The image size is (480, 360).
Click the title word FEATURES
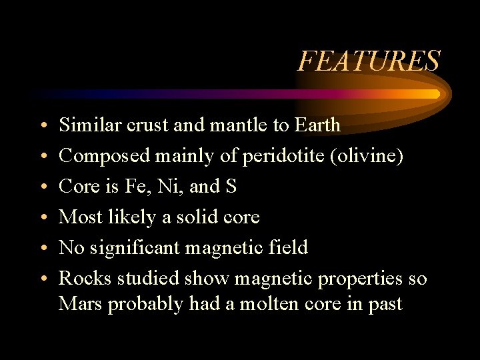(369, 61)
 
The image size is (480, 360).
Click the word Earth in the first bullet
(317, 125)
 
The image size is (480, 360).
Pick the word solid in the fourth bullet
(191, 217)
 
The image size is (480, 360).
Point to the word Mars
(81, 304)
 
